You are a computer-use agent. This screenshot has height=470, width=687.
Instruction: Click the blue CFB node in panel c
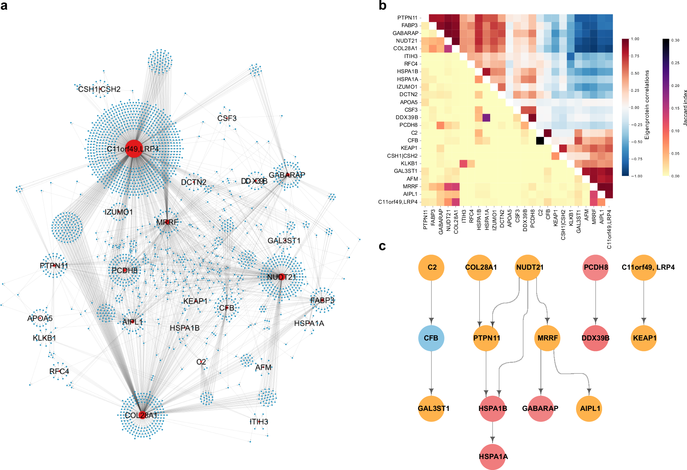(431, 338)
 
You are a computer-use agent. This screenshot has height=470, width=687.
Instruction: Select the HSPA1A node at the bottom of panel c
(493, 457)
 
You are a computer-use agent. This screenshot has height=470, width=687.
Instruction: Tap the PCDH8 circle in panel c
(596, 267)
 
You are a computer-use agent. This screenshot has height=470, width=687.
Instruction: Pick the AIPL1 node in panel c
(589, 409)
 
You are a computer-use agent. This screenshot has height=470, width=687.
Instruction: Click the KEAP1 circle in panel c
(644, 338)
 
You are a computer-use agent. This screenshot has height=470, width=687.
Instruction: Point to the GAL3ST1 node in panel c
(431, 409)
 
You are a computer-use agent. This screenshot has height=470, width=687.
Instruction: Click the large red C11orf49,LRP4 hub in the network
(134, 149)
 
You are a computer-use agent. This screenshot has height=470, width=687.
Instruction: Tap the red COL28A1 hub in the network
(142, 415)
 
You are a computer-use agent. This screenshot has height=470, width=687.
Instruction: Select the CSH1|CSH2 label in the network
(99, 89)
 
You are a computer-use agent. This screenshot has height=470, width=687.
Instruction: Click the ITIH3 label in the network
(259, 422)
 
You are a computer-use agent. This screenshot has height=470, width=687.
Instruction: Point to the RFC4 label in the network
(59, 371)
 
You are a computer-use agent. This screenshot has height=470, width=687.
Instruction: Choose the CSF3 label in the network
(227, 118)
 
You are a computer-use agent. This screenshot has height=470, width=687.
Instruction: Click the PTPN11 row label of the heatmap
(407, 18)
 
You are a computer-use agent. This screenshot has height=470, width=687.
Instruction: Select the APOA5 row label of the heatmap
(408, 102)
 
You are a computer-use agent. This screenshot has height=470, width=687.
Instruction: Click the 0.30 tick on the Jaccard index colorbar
(675, 40)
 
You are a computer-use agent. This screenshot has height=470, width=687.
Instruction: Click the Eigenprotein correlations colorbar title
(647, 105)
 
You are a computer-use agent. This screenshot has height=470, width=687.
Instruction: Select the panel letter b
(382, 5)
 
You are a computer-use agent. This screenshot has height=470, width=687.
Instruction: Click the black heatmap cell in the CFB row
(540, 141)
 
